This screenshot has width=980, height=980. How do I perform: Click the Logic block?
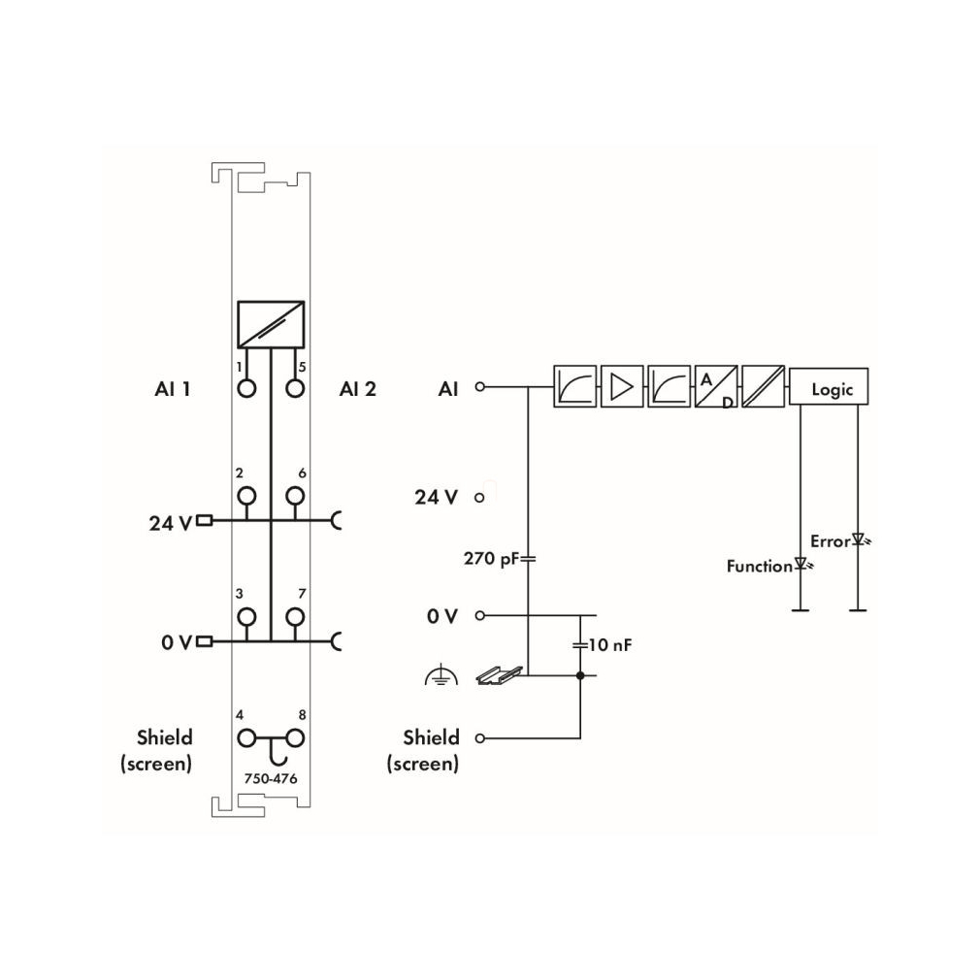828,387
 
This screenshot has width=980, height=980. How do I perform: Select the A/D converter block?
716,387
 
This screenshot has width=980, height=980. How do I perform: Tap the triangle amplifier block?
622,387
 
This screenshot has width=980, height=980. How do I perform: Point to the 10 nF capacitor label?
610,644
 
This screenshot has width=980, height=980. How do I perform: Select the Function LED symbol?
802,564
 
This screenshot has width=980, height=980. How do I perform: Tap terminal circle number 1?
246,389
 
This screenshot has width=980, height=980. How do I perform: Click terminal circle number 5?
295,389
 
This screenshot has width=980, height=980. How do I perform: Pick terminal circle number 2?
246,496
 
